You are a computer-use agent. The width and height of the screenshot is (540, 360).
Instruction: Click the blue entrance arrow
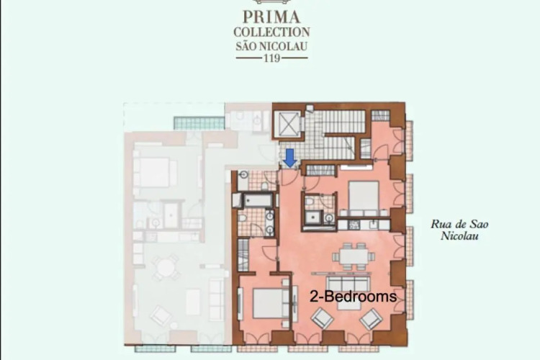pyautogui.click(x=291, y=158)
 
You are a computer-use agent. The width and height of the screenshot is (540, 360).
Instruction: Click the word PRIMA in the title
pyautogui.click(x=271, y=17)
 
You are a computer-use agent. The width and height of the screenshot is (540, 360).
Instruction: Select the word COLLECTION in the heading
pyautogui.click(x=271, y=32)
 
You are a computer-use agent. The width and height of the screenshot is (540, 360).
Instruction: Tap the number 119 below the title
pyautogui.click(x=271, y=58)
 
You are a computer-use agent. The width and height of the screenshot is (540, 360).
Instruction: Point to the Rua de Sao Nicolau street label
pyautogui.click(x=459, y=230)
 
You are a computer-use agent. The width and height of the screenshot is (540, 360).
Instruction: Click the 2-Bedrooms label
pyautogui.click(x=354, y=296)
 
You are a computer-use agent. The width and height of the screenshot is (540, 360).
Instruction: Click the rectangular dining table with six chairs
pyautogui.click(x=354, y=256)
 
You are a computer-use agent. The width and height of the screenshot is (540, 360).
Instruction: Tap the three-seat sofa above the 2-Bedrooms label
pyautogui.click(x=348, y=283)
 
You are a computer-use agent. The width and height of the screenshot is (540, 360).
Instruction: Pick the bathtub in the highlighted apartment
pyautogui.click(x=258, y=200)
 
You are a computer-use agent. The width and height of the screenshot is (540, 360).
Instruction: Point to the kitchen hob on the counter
pyautogui.click(x=354, y=225)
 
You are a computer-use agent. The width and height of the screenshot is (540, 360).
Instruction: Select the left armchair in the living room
pyautogui.click(x=323, y=318)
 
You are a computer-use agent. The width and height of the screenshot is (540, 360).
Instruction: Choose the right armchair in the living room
pyautogui.click(x=371, y=319)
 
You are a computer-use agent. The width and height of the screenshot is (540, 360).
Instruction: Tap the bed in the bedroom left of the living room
pyautogui.click(x=271, y=303)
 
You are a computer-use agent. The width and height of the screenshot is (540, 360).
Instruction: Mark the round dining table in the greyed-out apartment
pyautogui.click(x=166, y=268)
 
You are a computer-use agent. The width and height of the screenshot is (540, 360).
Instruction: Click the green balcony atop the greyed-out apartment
pyautogui.click(x=199, y=123)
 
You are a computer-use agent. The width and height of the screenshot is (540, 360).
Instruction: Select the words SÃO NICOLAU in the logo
pyautogui.click(x=271, y=46)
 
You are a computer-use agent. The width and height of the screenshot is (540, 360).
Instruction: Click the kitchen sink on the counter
pyautogui.click(x=374, y=225)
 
